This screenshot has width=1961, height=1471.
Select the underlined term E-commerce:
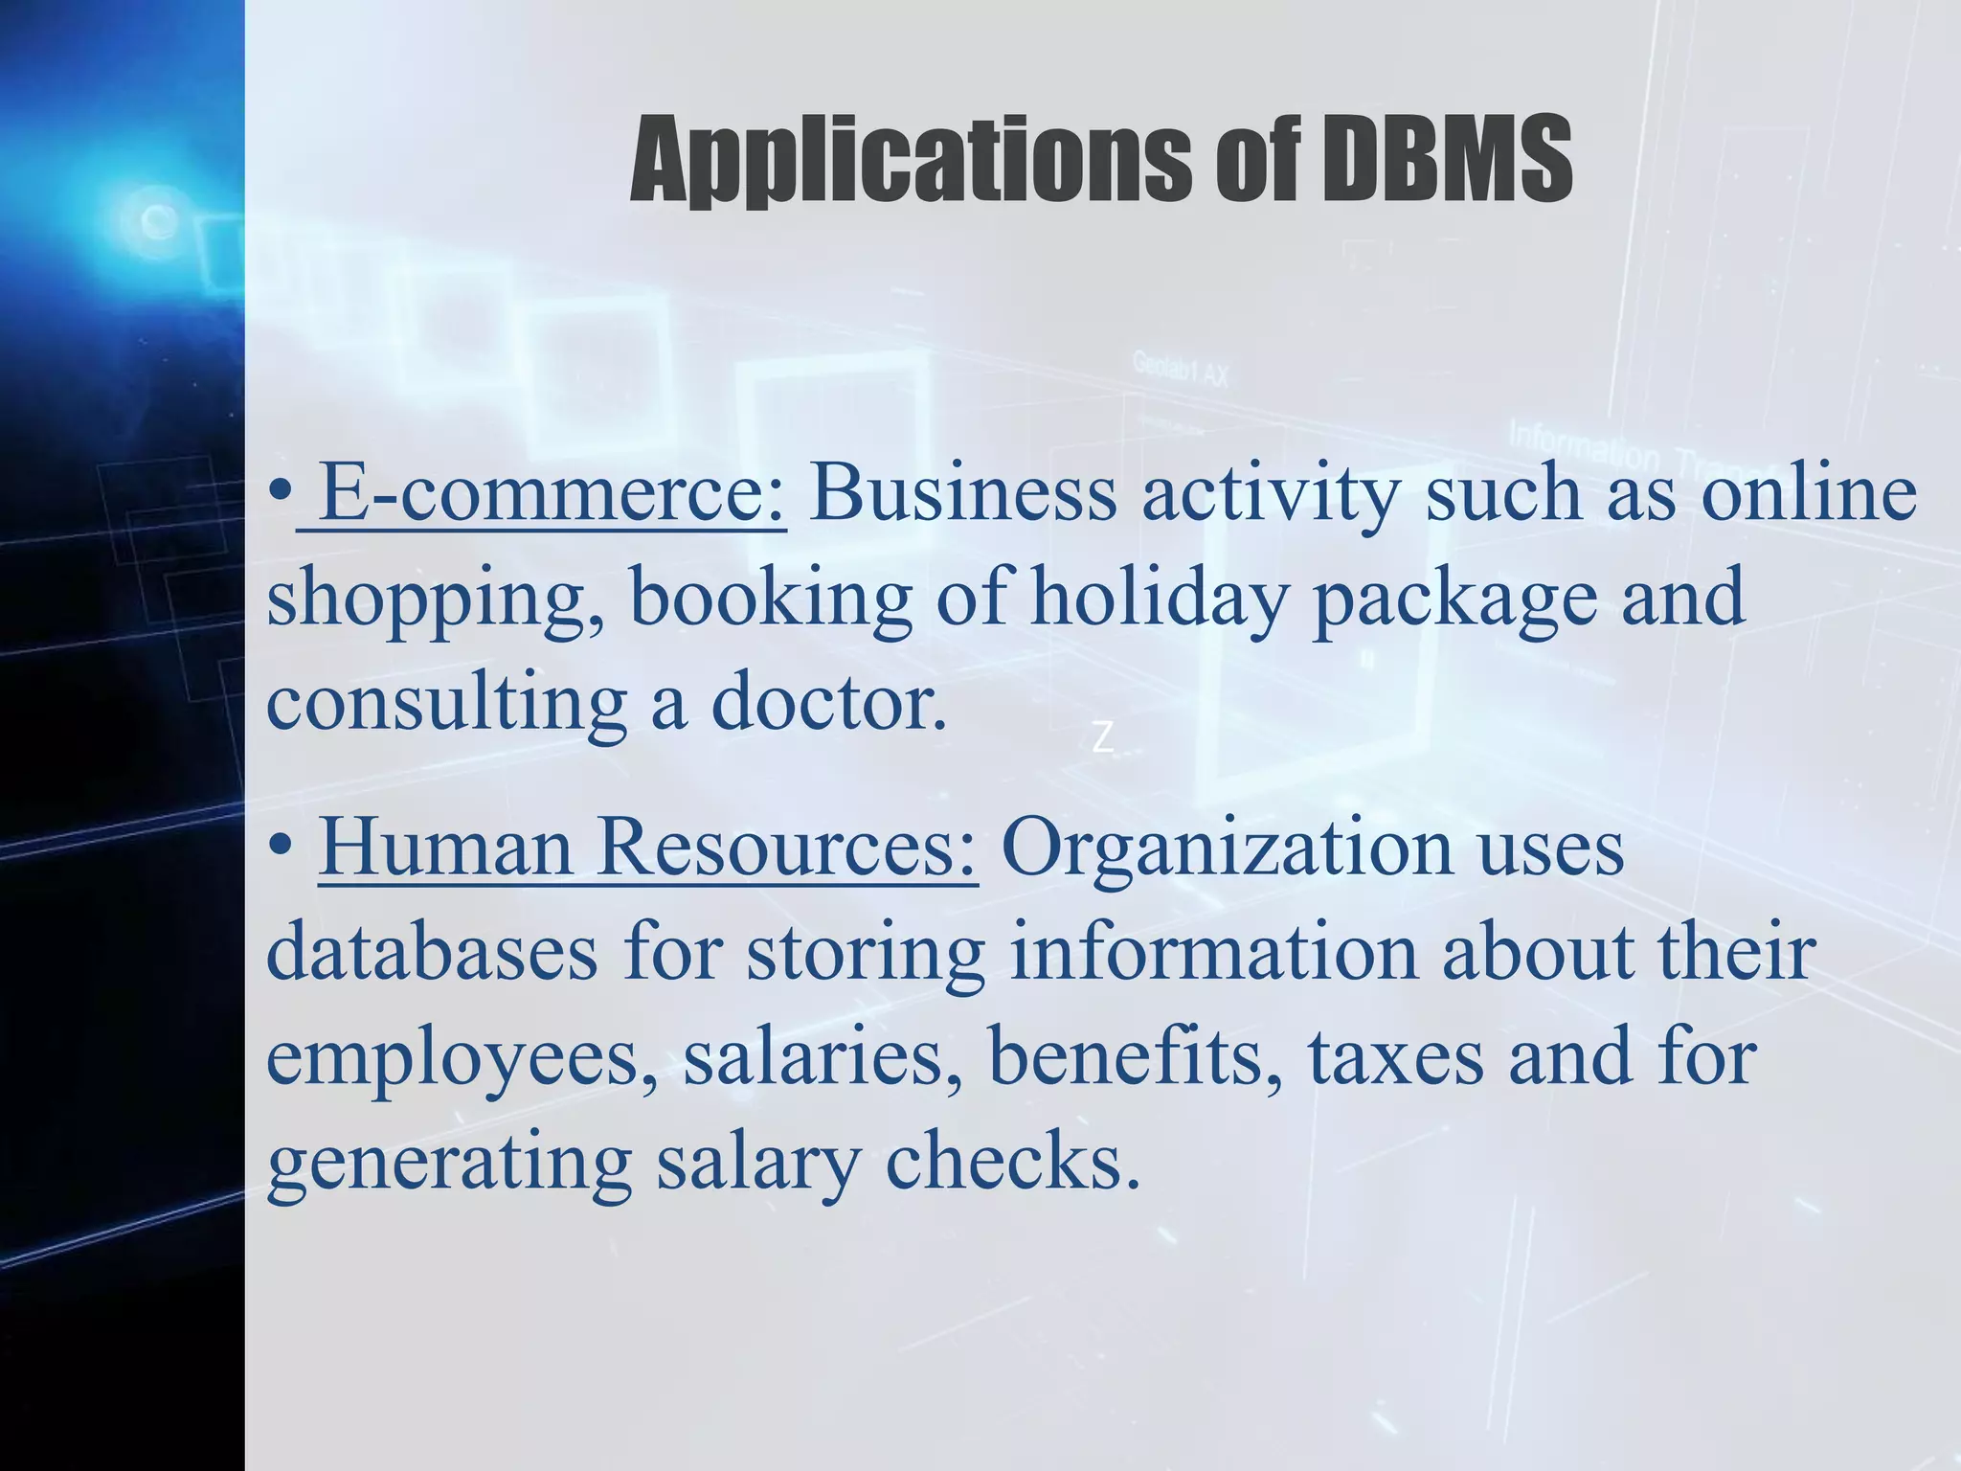[552, 492]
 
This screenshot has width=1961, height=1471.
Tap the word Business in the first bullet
[963, 492]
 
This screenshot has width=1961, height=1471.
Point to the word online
[1809, 492]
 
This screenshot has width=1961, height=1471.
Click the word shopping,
[436, 600]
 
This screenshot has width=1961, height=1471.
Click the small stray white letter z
[1103, 738]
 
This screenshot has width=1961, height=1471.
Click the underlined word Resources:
[786, 848]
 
